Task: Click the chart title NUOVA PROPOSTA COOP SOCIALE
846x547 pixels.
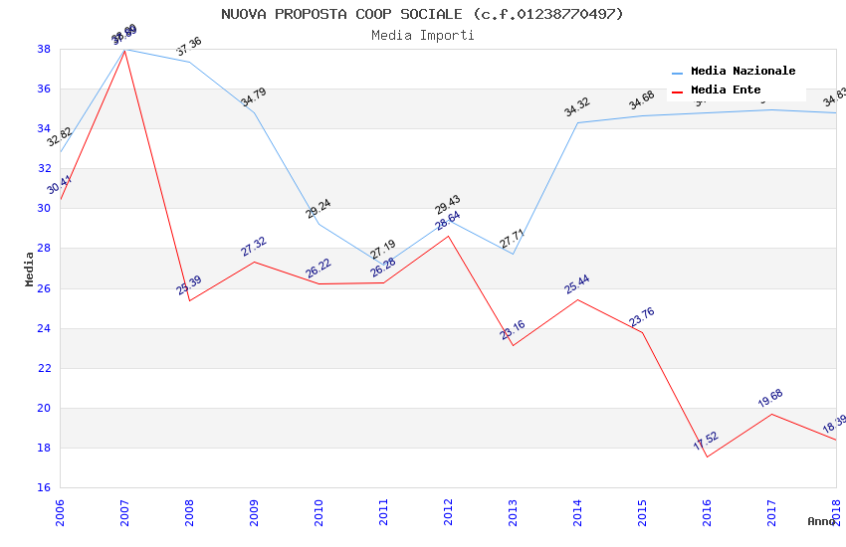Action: pos(422,14)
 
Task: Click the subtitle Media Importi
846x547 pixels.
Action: pos(422,35)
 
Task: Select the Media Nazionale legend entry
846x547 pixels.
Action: pos(742,72)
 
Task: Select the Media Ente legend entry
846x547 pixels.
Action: pos(726,91)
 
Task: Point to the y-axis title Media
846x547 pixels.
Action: pos(30,269)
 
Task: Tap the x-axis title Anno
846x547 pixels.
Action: pos(821,521)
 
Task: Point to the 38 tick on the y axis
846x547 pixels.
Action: pos(45,49)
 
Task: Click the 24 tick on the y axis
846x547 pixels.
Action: pos(45,328)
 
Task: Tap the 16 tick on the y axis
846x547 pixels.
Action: pos(45,487)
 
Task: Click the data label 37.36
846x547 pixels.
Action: pos(189,46)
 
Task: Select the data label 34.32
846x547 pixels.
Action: pos(577,106)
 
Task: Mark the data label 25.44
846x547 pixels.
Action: pos(577,283)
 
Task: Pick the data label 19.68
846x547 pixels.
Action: pos(770,398)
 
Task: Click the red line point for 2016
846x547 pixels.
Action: pos(707,456)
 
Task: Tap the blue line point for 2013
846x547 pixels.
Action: pos(513,254)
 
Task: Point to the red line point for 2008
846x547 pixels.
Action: pos(189,300)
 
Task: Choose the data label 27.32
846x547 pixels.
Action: pos(254,246)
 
